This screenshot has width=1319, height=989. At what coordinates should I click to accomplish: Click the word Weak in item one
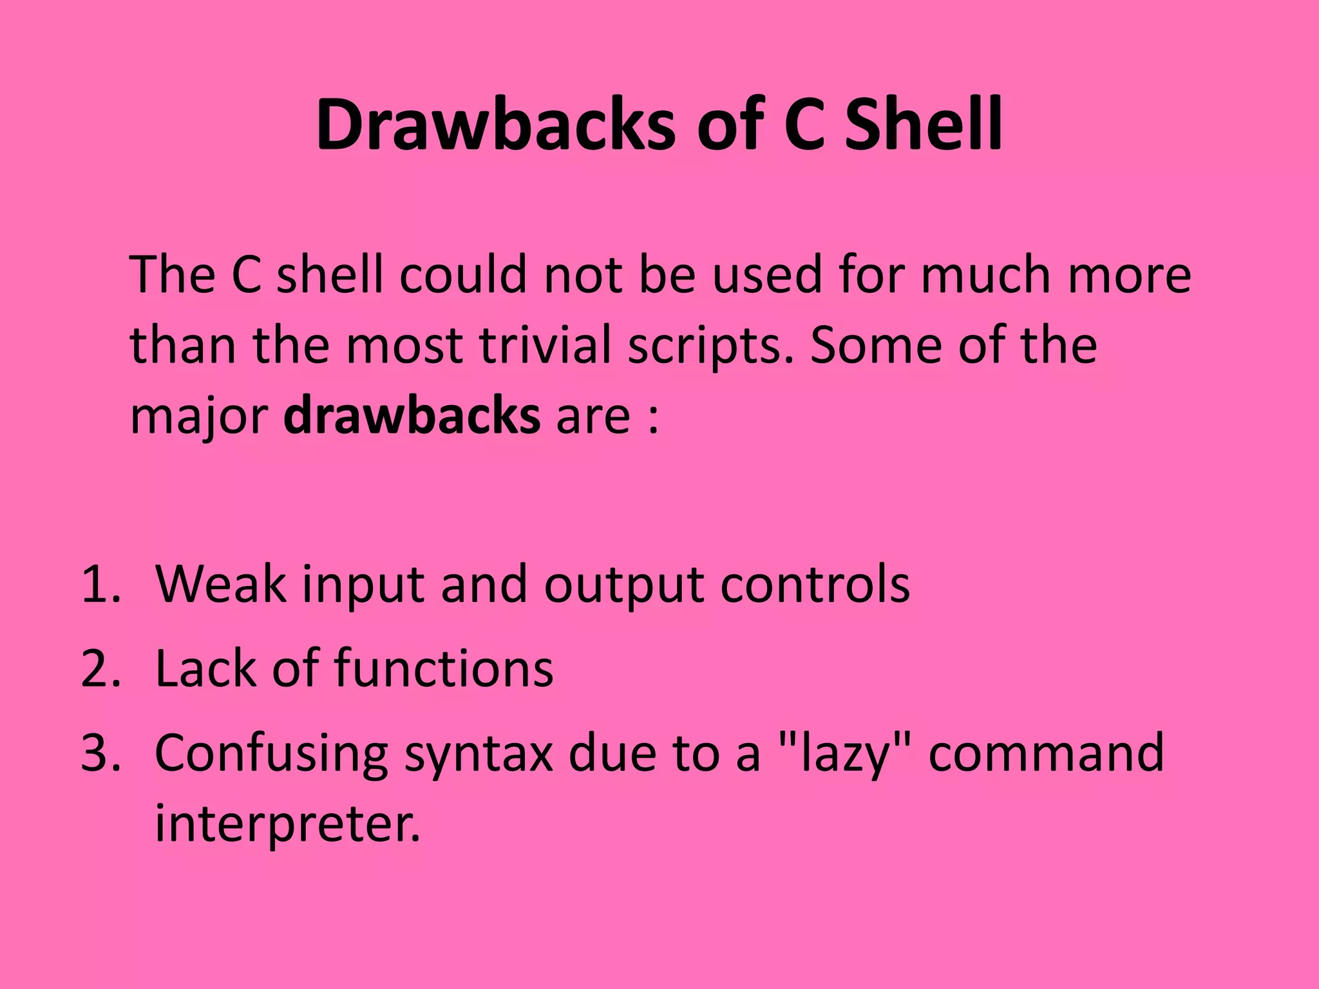pyautogui.click(x=220, y=585)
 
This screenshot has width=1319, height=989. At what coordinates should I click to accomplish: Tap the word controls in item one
pyautogui.click(x=814, y=585)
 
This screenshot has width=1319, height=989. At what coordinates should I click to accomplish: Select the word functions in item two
pyautogui.click(x=444, y=669)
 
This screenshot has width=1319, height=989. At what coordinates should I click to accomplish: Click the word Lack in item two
pyautogui.click(x=205, y=669)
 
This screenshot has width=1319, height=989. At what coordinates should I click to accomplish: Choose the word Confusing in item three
pyautogui.click(x=270, y=753)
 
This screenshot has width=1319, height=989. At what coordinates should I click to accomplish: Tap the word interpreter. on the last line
pyautogui.click(x=287, y=825)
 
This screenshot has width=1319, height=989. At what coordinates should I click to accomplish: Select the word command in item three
pyautogui.click(x=1046, y=753)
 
